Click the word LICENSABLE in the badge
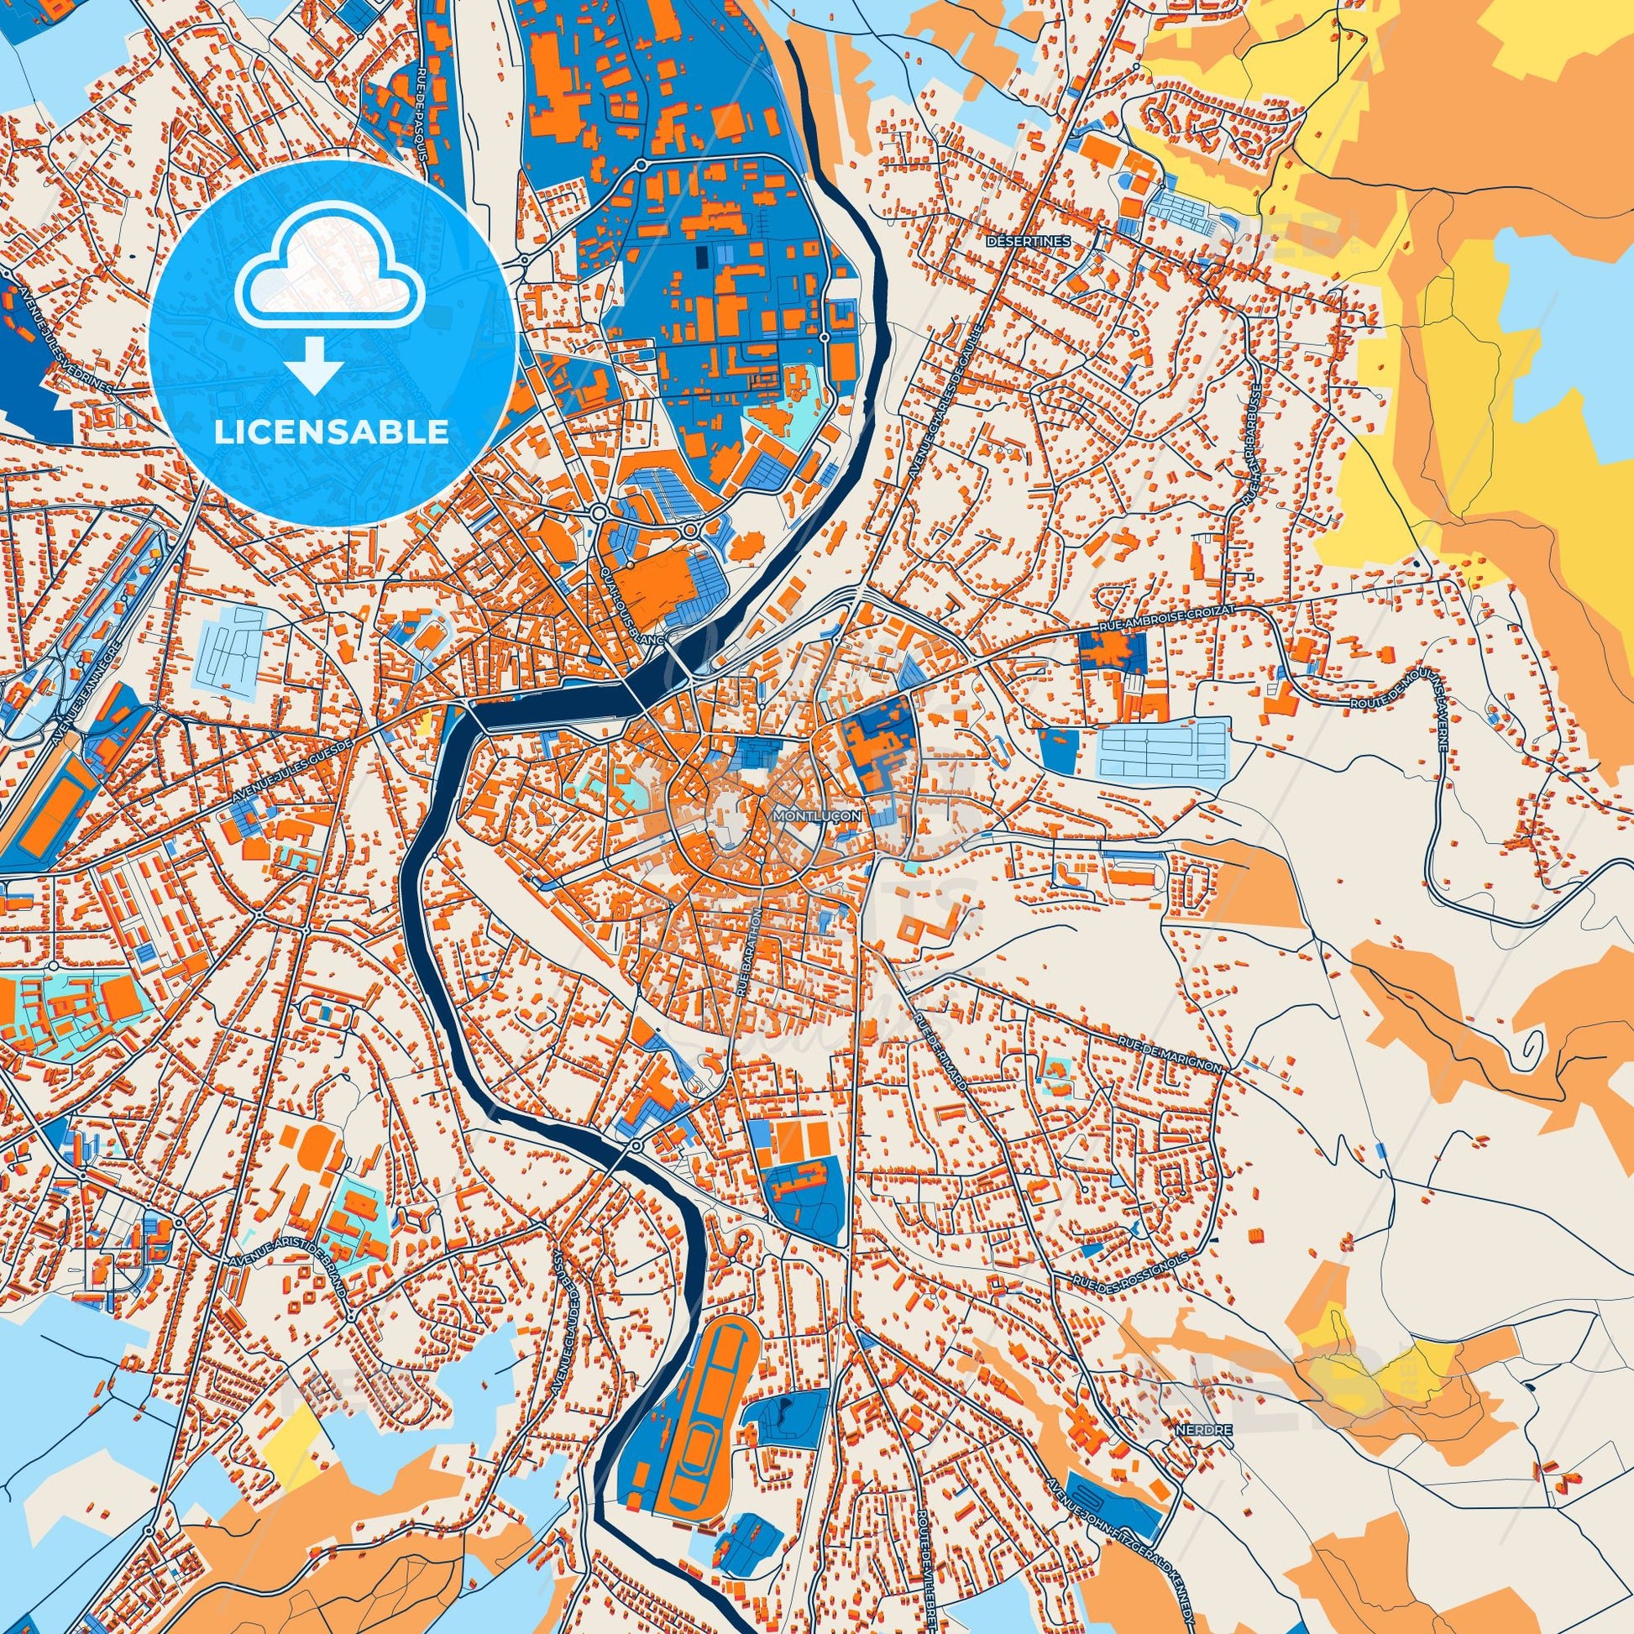(x=332, y=432)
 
